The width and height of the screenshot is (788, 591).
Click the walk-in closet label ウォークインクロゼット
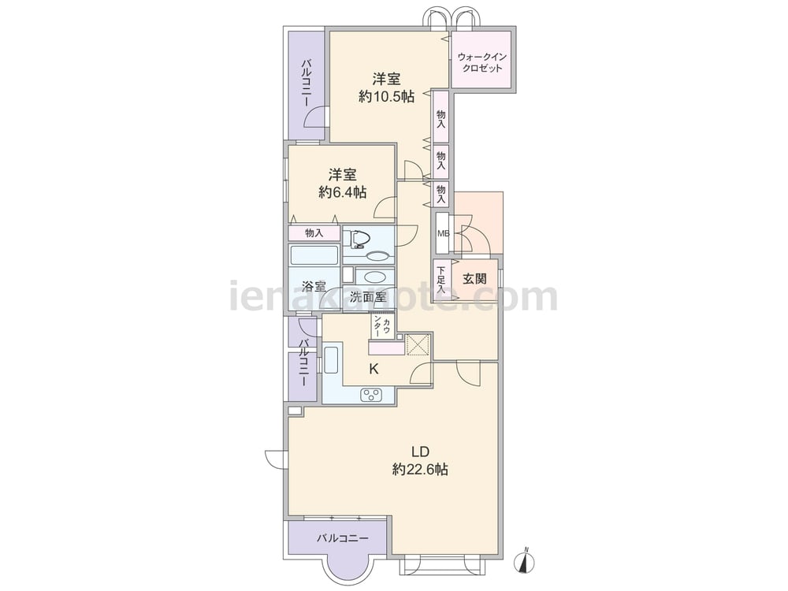click(x=482, y=63)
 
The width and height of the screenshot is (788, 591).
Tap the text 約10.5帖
click(x=386, y=96)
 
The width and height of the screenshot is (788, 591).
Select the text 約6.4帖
click(x=342, y=192)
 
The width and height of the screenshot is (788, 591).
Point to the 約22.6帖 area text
click(x=420, y=470)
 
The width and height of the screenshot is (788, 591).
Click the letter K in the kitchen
click(x=374, y=370)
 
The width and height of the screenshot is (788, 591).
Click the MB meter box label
click(x=443, y=234)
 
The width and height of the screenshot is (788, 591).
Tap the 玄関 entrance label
click(x=475, y=279)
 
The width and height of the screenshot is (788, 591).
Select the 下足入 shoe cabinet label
click(x=441, y=280)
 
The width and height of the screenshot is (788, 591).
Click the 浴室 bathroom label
click(x=314, y=287)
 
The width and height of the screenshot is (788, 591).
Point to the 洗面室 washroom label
click(x=368, y=296)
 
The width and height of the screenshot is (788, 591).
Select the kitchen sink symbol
click(x=331, y=360)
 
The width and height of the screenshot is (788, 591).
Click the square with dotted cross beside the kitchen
click(x=418, y=344)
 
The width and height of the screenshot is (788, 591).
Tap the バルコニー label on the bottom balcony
click(x=342, y=538)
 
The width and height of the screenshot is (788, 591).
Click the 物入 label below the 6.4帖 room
click(x=314, y=233)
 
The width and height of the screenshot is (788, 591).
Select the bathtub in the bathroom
click(x=314, y=255)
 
